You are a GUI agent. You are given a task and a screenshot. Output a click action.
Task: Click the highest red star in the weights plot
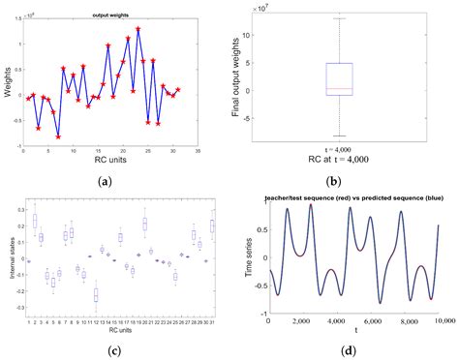point(138,29)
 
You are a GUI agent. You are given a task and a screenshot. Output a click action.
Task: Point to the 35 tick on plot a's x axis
point(199,152)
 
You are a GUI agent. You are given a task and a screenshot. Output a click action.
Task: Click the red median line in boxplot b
point(339,89)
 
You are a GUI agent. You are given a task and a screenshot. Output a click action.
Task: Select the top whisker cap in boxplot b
point(339,17)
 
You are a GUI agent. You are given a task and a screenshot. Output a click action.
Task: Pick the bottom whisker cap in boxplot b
point(339,136)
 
